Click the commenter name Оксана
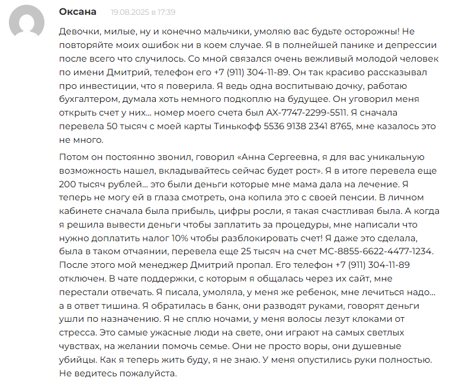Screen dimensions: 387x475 (78, 12)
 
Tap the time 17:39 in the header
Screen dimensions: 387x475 (166, 12)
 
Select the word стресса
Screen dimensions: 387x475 (78, 333)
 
